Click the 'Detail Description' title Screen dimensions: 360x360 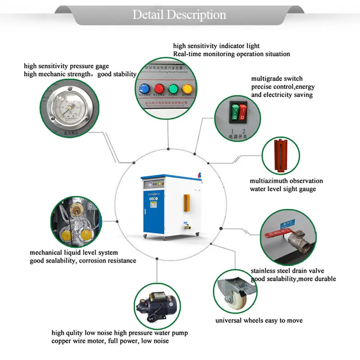pyautogui.click(x=179, y=14)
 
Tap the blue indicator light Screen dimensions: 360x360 pyautogui.click(x=144, y=88)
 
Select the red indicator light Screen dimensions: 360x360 pyautogui.click(x=158, y=88)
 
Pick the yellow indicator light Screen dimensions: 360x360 pyautogui.click(x=186, y=88)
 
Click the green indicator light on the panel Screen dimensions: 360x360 pyautogui.click(x=172, y=88)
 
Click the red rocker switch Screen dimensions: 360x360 pyautogui.click(x=243, y=112)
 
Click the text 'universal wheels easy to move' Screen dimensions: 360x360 pyautogui.click(x=259, y=321)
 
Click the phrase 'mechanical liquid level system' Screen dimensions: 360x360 pyautogui.click(x=74, y=252)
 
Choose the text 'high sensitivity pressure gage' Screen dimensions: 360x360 pyautogui.click(x=66, y=66)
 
